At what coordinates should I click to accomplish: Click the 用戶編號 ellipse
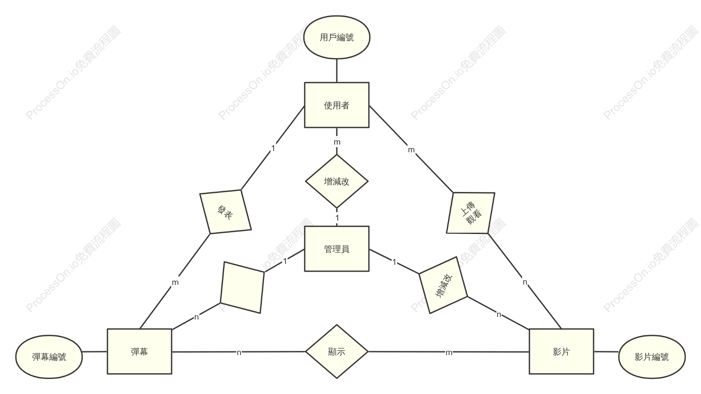tap(337, 37)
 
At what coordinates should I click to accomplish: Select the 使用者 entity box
tap(337, 105)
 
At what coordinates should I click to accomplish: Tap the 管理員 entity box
tap(337, 249)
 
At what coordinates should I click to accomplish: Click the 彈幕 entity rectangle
tap(140, 352)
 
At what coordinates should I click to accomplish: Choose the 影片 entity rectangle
tap(561, 352)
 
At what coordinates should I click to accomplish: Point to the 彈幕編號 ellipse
tap(49, 357)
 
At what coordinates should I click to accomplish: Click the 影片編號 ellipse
tap(652, 357)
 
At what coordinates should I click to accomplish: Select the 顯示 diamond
tap(337, 352)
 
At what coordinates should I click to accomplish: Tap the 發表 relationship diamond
tap(225, 212)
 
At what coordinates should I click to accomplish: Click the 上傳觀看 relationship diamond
tap(471, 213)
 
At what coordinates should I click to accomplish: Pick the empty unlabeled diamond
tap(242, 287)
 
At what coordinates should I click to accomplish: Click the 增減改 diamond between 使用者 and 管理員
tap(337, 181)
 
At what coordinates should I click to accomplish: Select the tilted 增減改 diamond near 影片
tap(443, 285)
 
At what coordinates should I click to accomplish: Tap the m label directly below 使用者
tap(337, 142)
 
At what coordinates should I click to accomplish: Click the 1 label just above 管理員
tap(337, 218)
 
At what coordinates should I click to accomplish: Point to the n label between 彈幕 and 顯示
tap(239, 353)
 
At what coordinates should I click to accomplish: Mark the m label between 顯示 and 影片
tap(449, 353)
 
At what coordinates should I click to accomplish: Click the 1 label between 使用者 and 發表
tap(273, 148)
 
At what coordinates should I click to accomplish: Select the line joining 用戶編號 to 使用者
tap(337, 71)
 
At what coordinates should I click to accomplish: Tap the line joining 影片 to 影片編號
tap(606, 352)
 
